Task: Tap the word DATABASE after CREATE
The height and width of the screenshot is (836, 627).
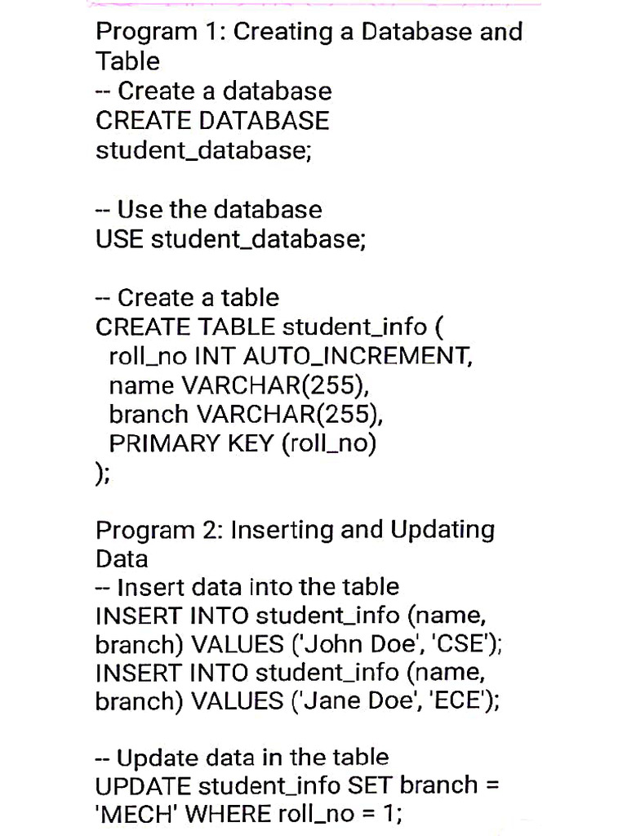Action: point(264,121)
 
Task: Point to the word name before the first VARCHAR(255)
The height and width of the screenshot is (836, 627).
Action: point(141,385)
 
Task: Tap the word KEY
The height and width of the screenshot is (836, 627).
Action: point(250,443)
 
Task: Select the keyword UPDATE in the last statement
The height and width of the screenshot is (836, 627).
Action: point(144,785)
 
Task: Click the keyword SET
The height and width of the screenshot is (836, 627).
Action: point(371,785)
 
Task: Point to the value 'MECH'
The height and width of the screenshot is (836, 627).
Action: point(140,814)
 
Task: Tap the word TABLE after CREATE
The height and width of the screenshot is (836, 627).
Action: point(236,327)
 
